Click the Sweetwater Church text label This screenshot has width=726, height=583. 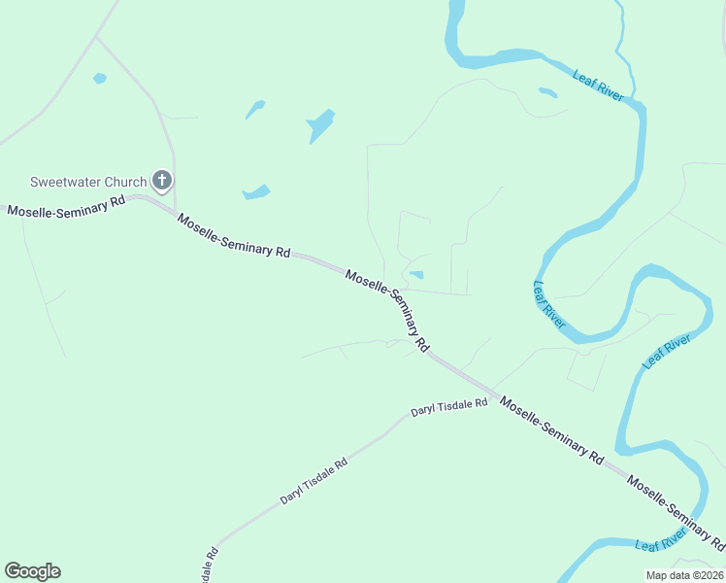click(87, 182)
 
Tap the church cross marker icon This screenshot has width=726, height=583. click(162, 181)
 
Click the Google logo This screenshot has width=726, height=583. click(32, 571)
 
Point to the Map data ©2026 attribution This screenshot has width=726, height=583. click(683, 575)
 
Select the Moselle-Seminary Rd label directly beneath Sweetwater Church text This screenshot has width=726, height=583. click(66, 206)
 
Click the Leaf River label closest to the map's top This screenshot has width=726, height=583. click(598, 86)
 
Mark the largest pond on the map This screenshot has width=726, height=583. click(320, 125)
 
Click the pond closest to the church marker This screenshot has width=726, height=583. click(256, 191)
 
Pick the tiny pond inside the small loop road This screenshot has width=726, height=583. click(416, 275)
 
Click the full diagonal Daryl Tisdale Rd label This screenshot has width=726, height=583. click(313, 481)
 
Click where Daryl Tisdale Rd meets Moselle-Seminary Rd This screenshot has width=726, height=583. click(493, 392)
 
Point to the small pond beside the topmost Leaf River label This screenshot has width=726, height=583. click(548, 93)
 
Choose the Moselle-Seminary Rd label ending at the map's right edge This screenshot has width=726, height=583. click(676, 509)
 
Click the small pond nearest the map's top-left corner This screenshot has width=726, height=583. click(99, 78)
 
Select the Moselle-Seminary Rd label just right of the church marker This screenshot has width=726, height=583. click(233, 235)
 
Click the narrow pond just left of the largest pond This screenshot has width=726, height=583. click(255, 109)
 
